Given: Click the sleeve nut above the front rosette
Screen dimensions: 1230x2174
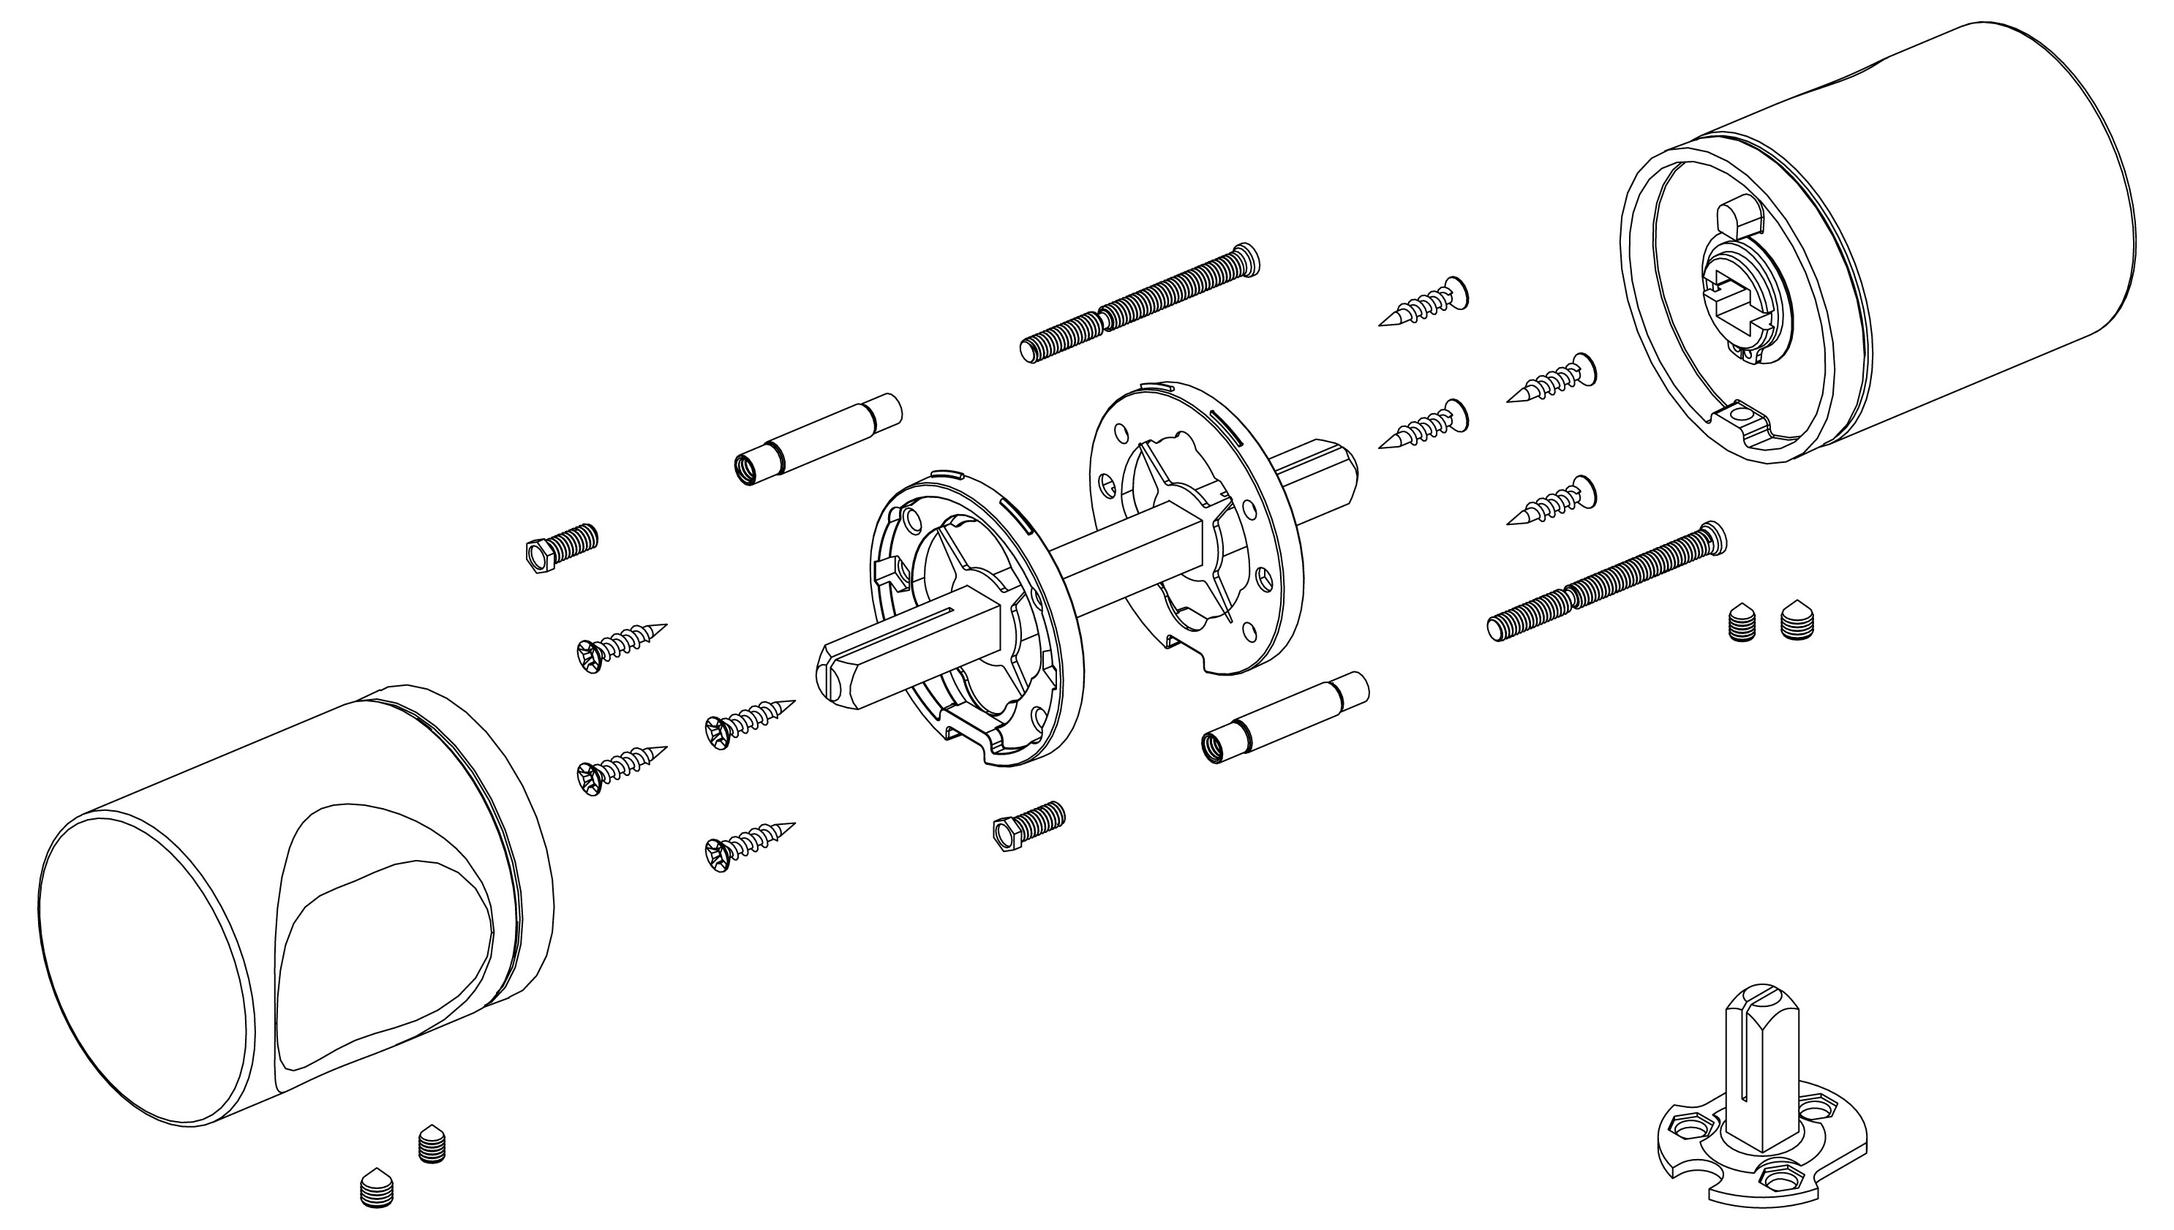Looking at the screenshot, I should click(x=816, y=439).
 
